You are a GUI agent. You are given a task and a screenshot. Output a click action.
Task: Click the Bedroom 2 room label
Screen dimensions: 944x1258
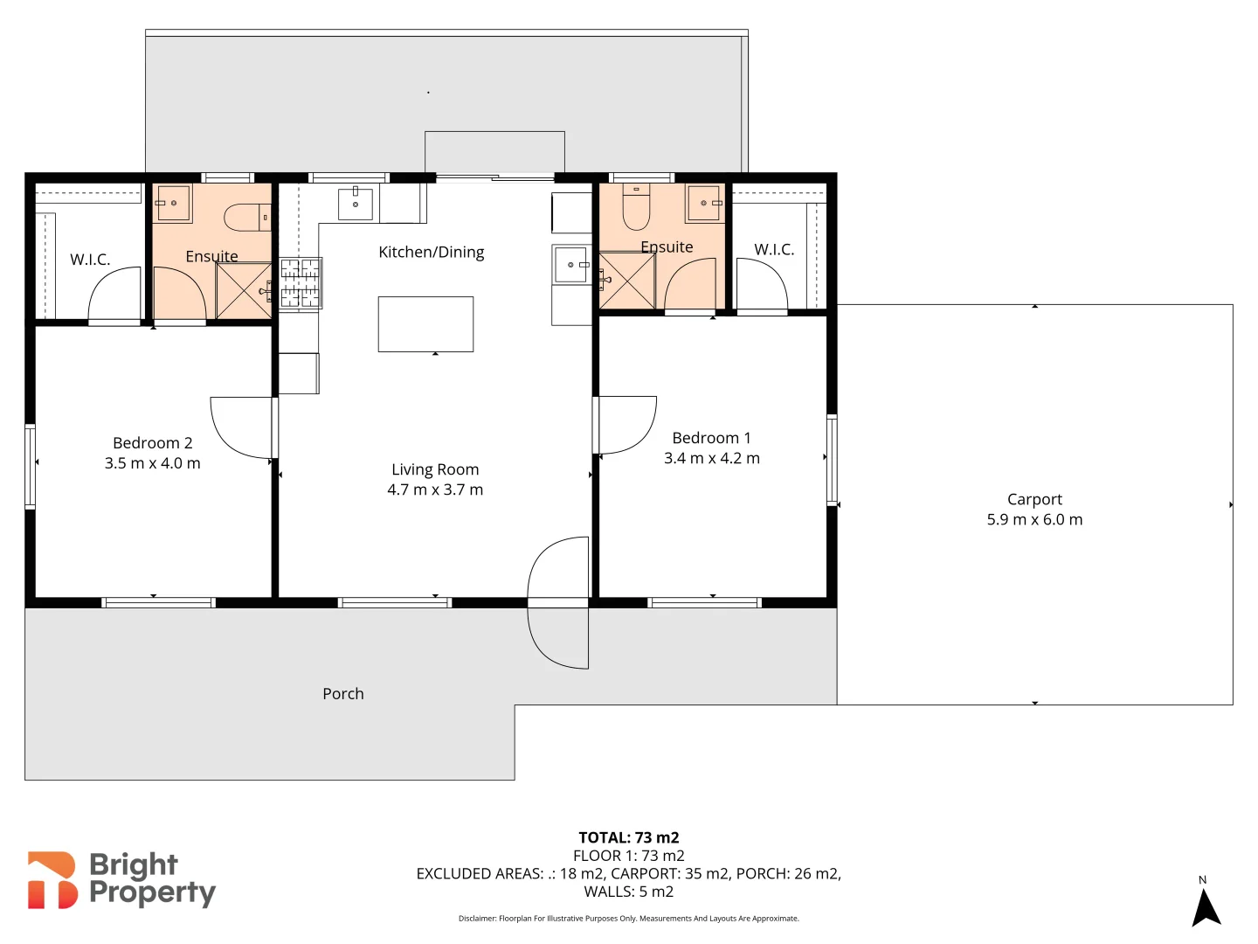click(153, 443)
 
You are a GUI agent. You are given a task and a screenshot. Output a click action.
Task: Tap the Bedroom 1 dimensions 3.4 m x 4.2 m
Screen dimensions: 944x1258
click(711, 458)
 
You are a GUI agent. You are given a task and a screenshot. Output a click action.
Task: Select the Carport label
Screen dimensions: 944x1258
click(1034, 499)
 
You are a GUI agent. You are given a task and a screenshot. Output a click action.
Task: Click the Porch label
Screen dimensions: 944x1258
click(343, 694)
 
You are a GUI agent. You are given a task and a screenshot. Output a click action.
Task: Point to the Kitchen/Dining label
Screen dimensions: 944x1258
click(431, 253)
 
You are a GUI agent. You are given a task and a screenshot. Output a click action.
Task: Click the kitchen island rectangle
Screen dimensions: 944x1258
click(425, 324)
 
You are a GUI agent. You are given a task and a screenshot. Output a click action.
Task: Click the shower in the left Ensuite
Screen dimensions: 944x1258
click(244, 290)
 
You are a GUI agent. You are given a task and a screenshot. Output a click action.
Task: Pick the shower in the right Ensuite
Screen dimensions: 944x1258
click(626, 281)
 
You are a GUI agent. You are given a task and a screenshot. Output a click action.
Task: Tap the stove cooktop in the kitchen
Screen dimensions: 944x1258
click(300, 283)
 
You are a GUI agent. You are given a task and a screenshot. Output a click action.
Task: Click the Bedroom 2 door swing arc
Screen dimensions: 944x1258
click(240, 427)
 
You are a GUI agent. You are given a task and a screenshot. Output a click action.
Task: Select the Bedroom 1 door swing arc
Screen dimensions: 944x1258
click(626, 425)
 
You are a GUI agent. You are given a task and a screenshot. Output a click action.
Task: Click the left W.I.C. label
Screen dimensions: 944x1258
click(90, 260)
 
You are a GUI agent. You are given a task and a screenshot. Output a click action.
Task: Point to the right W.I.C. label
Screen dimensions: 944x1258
click(774, 250)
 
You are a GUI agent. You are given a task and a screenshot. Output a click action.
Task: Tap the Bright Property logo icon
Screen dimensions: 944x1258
click(52, 880)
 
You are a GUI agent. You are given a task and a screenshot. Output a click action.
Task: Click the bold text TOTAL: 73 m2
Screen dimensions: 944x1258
click(628, 837)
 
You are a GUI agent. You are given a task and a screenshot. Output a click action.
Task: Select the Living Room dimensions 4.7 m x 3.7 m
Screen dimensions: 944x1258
click(435, 489)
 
